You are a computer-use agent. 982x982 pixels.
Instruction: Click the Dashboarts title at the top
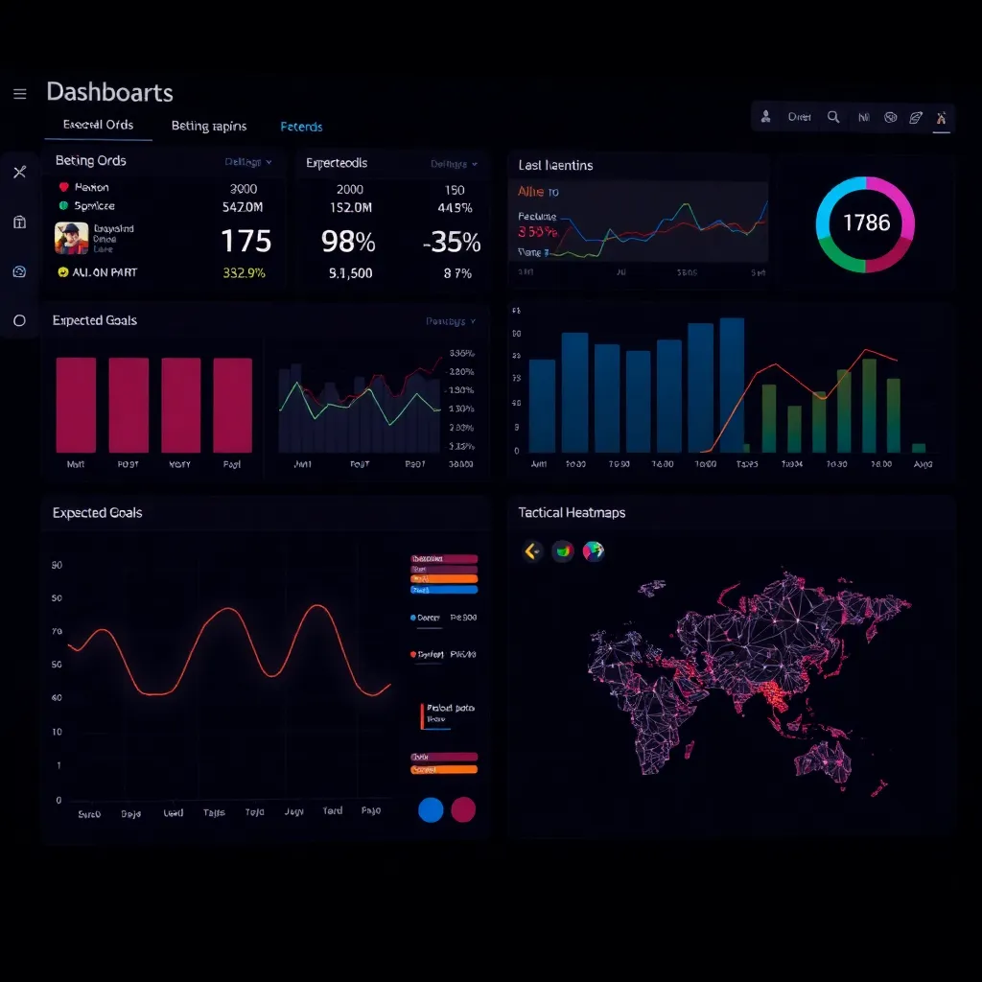(109, 92)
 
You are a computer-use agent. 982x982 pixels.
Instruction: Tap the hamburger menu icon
(19, 93)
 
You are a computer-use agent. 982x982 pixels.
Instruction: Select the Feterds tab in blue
(301, 127)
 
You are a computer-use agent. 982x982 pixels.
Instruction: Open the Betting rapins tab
(209, 126)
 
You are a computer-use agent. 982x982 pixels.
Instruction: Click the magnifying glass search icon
(833, 117)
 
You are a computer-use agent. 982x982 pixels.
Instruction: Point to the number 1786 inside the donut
(866, 222)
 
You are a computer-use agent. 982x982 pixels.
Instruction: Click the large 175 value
(245, 240)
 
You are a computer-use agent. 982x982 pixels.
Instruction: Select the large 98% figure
(349, 242)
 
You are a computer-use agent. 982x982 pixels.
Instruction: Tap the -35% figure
(452, 242)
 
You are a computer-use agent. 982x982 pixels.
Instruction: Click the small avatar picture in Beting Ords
(71, 238)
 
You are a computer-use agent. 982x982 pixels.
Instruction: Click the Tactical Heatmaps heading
(572, 513)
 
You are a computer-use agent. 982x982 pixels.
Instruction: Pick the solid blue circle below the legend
(432, 809)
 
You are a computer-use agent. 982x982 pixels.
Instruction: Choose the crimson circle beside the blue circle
(463, 809)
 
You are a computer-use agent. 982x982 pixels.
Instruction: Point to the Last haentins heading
(555, 165)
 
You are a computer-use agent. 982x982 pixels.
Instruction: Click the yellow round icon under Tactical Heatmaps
(532, 550)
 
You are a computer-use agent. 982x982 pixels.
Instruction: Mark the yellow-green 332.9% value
(244, 272)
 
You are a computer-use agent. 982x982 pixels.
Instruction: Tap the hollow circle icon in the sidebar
(19, 320)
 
